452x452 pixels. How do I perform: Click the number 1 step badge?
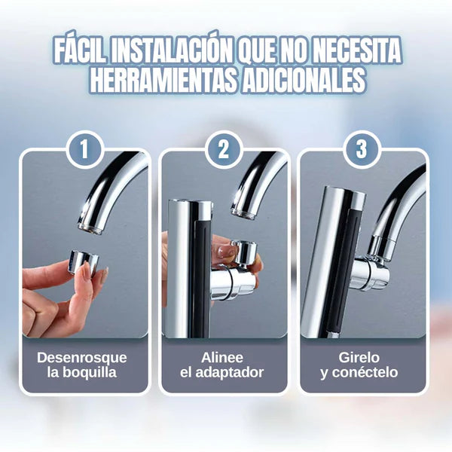tap(84, 149)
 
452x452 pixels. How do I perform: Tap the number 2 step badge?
tap(224, 149)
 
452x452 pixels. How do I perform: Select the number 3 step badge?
tap(362, 149)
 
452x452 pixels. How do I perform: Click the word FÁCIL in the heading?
tap(80, 52)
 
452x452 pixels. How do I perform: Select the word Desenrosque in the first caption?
tap(82, 358)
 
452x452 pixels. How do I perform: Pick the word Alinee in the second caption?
tap(222, 358)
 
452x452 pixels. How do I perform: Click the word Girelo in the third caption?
tap(359, 358)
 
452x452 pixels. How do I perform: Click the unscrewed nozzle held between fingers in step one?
tap(84, 261)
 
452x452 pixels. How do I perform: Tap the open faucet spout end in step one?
tap(90, 226)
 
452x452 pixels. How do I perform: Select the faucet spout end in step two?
tap(243, 212)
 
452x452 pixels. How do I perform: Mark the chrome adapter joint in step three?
tap(371, 271)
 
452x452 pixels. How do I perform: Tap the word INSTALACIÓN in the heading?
tap(171, 52)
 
